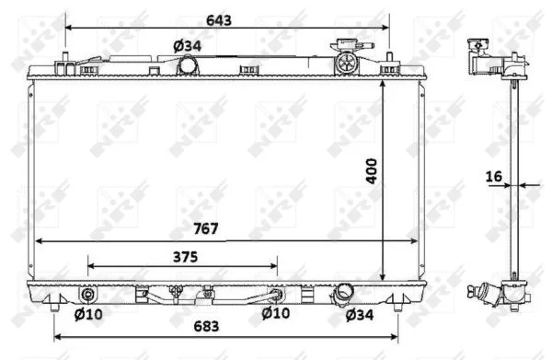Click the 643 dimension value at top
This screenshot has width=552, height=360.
point(219,20)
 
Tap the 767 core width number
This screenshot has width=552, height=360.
point(206,228)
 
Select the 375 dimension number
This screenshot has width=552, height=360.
point(185,257)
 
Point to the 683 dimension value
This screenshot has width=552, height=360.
point(206,326)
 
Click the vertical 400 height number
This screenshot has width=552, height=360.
point(372,171)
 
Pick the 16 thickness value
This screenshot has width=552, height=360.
point(493,177)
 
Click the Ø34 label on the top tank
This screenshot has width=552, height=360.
point(188,46)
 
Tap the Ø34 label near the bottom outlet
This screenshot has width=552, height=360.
point(360,315)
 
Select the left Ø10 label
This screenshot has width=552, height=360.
point(88,314)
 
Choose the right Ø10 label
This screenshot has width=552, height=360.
point(276,313)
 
